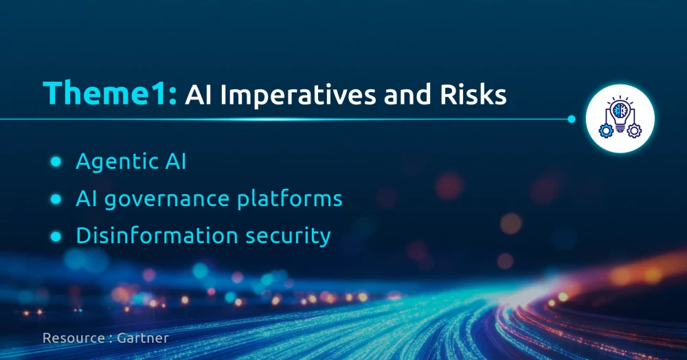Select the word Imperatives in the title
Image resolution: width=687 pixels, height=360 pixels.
[298, 95]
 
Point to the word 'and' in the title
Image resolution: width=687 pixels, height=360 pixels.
[407, 94]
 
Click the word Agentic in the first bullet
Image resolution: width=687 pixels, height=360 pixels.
[117, 163]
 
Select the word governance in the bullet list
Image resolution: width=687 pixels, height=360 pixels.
[167, 200]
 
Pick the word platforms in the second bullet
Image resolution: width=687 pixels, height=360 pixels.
[290, 199]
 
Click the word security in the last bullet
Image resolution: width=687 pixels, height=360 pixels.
[288, 236]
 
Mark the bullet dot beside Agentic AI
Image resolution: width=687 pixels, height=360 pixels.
[56, 161]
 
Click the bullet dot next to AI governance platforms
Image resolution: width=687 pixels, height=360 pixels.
[56, 199]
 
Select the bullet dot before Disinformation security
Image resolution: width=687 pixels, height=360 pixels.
[56, 236]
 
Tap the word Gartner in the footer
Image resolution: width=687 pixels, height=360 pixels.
[143, 338]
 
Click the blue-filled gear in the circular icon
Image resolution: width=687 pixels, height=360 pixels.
[606, 131]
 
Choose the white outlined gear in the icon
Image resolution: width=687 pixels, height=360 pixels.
[634, 131]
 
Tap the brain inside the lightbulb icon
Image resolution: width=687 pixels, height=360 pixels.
[620, 111]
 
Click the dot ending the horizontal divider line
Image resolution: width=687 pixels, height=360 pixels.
[572, 119]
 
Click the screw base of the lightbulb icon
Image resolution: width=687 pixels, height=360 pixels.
[620, 128]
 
